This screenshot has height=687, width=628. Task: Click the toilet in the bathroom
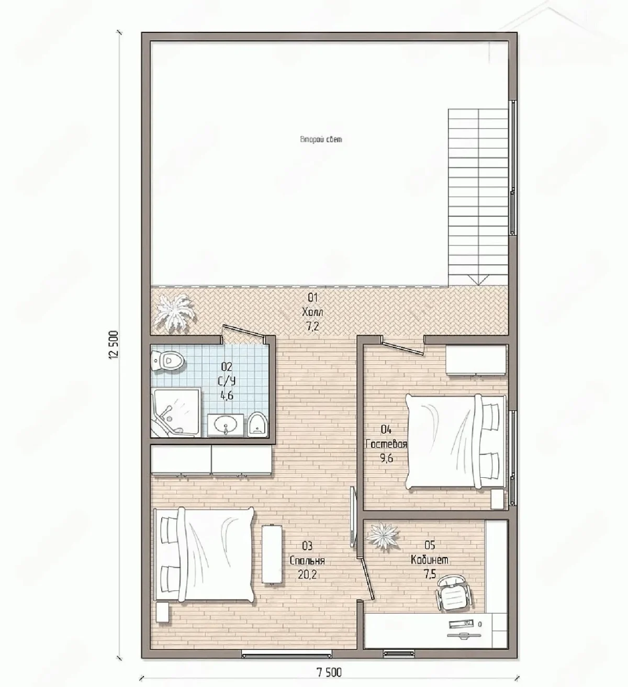[x=168, y=360]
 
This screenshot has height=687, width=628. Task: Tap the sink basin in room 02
[x=226, y=425]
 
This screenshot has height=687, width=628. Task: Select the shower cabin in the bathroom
[x=176, y=412]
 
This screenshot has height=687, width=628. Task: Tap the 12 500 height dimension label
[x=114, y=345]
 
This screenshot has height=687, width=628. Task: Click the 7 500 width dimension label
[x=329, y=673]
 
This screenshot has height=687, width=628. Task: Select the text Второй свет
[x=321, y=139]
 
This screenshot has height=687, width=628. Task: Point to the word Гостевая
[x=386, y=445]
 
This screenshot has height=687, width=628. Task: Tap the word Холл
[x=312, y=312]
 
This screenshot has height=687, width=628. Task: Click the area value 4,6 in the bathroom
[x=227, y=396]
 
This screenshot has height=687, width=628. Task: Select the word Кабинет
[x=429, y=560]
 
